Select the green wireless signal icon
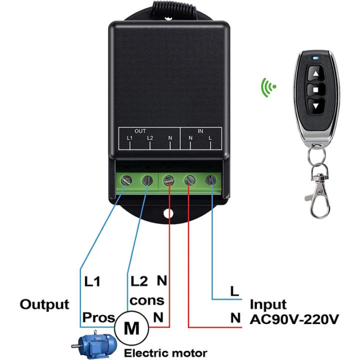tap(268, 87)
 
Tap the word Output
tap(44, 304)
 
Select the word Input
tap(268, 304)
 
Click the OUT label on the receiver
tap(140, 130)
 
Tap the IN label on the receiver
tap(200, 130)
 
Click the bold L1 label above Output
tap(92, 282)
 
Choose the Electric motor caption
tap(165, 353)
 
